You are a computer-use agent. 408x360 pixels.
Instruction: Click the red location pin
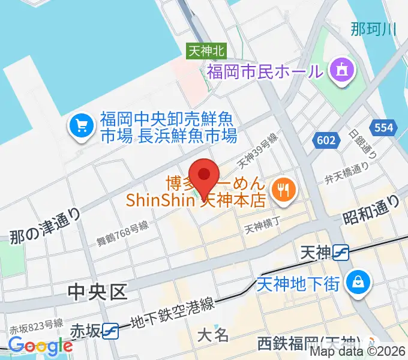point(204,175)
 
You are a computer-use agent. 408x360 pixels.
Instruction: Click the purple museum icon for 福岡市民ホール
point(343,71)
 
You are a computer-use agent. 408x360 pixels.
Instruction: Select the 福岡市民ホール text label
point(265,73)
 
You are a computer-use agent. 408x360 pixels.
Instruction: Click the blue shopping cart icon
point(80,126)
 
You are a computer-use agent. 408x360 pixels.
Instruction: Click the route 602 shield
point(325,139)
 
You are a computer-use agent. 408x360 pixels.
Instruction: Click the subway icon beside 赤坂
point(110,329)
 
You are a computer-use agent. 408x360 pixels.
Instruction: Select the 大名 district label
point(213,334)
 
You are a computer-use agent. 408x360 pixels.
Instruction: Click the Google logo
point(40,346)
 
